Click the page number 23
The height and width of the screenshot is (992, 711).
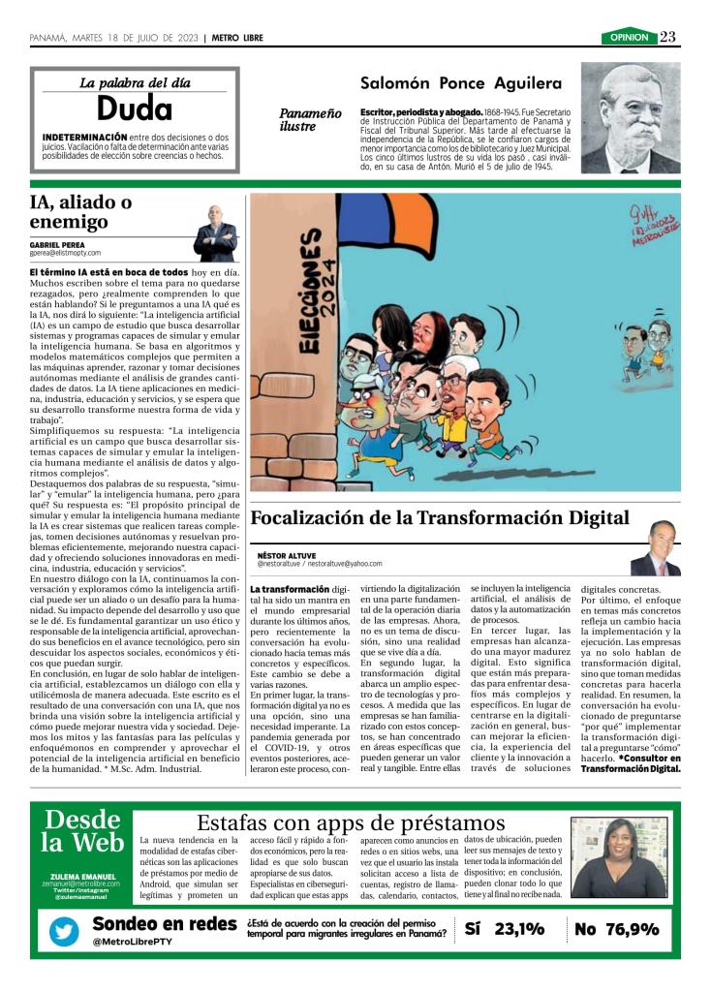pyautogui.click(x=668, y=37)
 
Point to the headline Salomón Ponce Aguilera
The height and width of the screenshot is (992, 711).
pyautogui.click(x=461, y=83)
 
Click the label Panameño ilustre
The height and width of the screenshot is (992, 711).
pyautogui.click(x=310, y=119)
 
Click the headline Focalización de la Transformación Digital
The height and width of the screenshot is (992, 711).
pyautogui.click(x=440, y=517)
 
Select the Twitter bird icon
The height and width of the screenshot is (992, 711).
pyautogui.click(x=66, y=931)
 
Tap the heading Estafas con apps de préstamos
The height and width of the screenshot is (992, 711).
pyautogui.click(x=351, y=822)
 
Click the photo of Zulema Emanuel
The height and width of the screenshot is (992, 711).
pyautogui.click(x=619, y=857)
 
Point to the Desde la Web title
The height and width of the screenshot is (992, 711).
pyautogui.click(x=83, y=831)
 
